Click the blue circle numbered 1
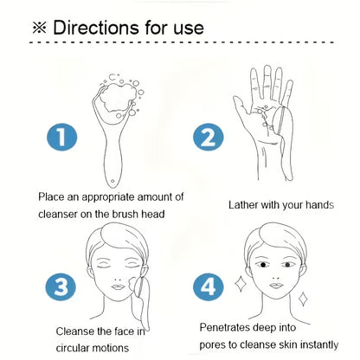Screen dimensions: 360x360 click(x=61, y=137)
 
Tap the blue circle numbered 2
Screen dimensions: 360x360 click(x=208, y=137)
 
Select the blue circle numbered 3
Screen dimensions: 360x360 click(x=61, y=287)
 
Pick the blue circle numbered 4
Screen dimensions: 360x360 click(x=208, y=287)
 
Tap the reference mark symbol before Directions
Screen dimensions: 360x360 click(x=39, y=28)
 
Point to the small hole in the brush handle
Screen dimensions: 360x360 click(x=112, y=181)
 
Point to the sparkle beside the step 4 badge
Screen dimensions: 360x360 click(x=241, y=284)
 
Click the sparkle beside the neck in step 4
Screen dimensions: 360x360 click(x=303, y=299)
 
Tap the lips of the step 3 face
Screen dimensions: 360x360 click(x=118, y=287)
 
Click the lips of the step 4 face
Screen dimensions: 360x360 click(x=276, y=286)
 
